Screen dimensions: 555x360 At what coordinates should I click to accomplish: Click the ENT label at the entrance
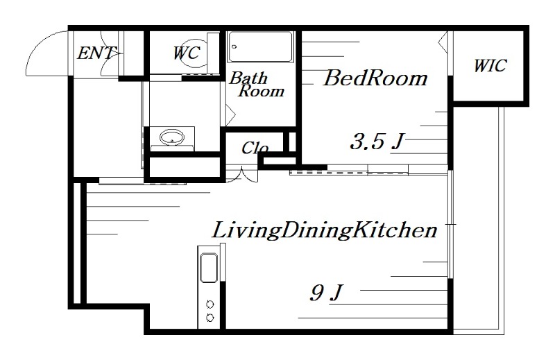point(96,53)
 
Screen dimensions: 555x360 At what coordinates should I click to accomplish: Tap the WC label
point(187,53)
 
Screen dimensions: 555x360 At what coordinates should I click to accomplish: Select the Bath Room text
point(257,85)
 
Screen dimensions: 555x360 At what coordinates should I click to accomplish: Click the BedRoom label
point(375,78)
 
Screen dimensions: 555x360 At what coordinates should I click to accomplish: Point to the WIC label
point(490,66)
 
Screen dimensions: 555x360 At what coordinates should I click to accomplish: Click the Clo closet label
point(255,148)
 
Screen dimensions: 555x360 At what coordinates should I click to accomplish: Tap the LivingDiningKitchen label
point(325,230)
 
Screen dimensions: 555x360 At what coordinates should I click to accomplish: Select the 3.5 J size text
point(377,142)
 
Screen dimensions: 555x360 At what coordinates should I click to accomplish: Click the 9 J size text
point(326,293)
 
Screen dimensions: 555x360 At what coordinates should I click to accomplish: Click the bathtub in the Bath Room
point(261,47)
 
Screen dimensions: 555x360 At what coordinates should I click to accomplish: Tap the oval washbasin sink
point(172,137)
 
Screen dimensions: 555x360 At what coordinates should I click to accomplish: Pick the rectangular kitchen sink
point(209,268)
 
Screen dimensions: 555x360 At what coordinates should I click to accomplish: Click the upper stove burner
point(210,304)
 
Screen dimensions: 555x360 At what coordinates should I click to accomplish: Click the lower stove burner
point(210,318)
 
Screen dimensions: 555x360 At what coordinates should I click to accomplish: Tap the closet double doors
point(242,175)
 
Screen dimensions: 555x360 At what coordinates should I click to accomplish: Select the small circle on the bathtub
point(234,46)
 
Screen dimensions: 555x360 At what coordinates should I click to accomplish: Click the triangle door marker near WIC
point(443,43)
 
